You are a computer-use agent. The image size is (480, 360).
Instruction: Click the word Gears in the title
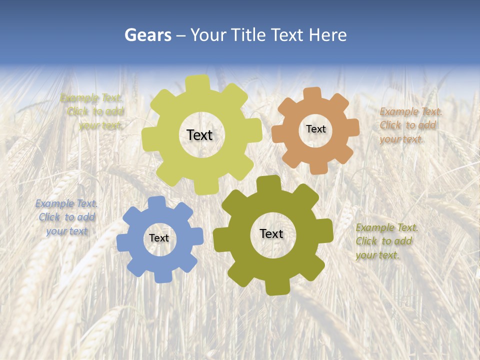tap(147, 35)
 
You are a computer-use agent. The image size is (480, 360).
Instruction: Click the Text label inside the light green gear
tap(199, 135)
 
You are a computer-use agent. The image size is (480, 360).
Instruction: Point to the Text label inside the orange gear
tap(315, 129)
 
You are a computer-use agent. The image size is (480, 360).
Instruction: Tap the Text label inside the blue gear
tap(159, 238)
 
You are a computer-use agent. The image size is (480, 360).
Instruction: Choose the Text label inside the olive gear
tap(271, 234)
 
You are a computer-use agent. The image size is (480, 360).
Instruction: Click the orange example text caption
tap(410, 125)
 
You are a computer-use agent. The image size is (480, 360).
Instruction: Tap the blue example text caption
tap(66, 217)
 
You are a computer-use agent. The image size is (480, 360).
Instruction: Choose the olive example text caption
tap(386, 241)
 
